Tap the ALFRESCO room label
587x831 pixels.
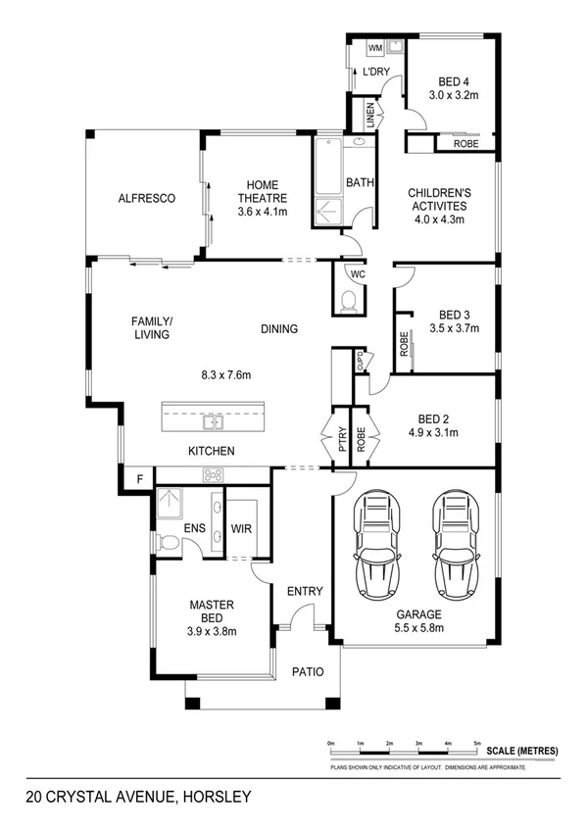click(146, 198)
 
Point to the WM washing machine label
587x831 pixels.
click(374, 48)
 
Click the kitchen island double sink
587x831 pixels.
click(212, 423)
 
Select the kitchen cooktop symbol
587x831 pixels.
click(213, 475)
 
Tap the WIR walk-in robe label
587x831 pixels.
click(242, 528)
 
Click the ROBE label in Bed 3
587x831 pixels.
click(403, 344)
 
